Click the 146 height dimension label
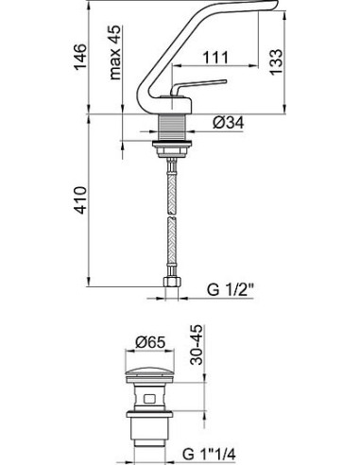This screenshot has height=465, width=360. (80, 57)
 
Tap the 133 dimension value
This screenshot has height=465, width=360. (277, 61)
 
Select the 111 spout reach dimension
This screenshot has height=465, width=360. (215, 58)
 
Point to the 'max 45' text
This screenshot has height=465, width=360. (115, 52)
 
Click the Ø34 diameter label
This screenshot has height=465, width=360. (229, 123)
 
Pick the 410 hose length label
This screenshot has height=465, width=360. (80, 200)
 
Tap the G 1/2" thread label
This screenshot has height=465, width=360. (231, 289)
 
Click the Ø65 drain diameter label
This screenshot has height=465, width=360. (150, 342)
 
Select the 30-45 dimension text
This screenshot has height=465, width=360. (197, 345)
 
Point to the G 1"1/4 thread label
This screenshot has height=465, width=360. (209, 455)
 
